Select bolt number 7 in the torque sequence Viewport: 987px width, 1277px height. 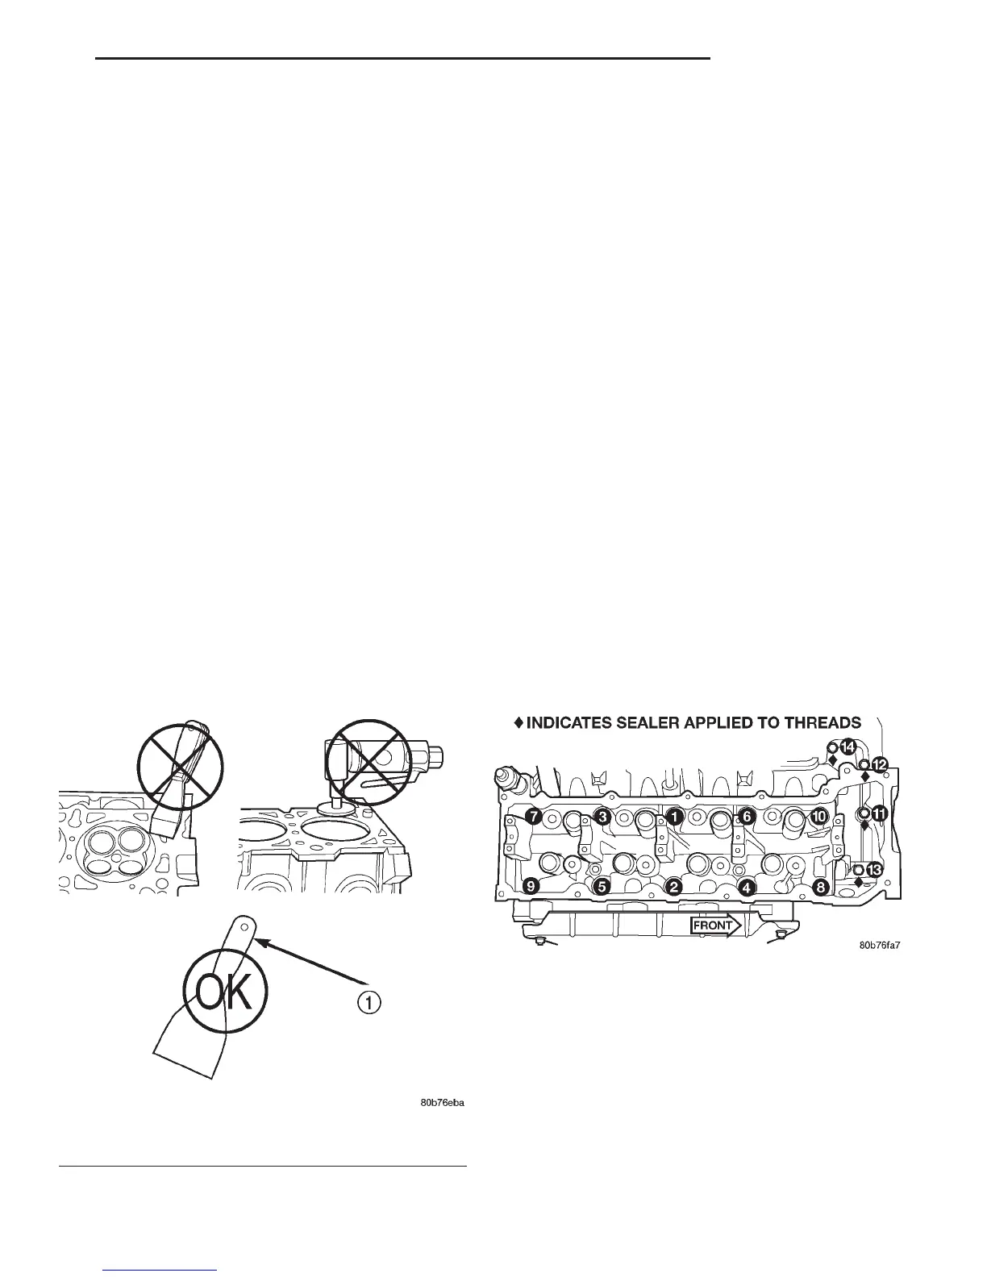[x=532, y=816]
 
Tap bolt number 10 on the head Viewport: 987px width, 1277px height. [x=818, y=816]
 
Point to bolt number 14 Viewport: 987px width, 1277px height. [x=847, y=747]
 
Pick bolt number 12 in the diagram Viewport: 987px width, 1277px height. [x=879, y=763]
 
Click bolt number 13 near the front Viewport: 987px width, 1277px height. [x=874, y=869]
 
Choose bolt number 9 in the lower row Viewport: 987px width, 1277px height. [x=531, y=887]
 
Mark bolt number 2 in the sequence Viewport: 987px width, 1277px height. [x=673, y=887]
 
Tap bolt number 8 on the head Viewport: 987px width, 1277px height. [x=820, y=887]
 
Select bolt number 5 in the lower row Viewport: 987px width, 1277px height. [x=601, y=887]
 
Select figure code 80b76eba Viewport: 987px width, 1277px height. [x=444, y=1102]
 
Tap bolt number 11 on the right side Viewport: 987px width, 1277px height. [x=879, y=814]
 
